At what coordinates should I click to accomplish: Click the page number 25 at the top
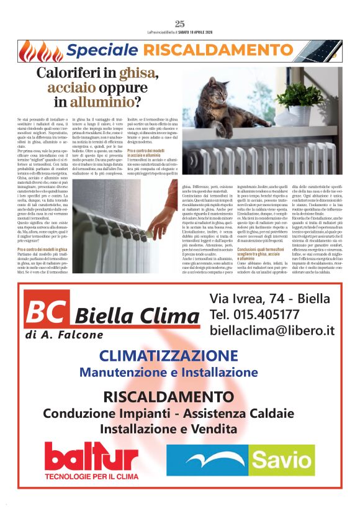pyautogui.click(x=180, y=24)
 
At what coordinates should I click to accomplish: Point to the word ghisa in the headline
pyautogui.click(x=139, y=73)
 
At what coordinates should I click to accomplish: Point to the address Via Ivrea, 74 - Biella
pyautogui.click(x=270, y=298)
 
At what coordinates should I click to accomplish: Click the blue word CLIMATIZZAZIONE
pyautogui.click(x=169, y=356)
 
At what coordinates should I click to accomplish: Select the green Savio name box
pyautogui.click(x=285, y=460)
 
